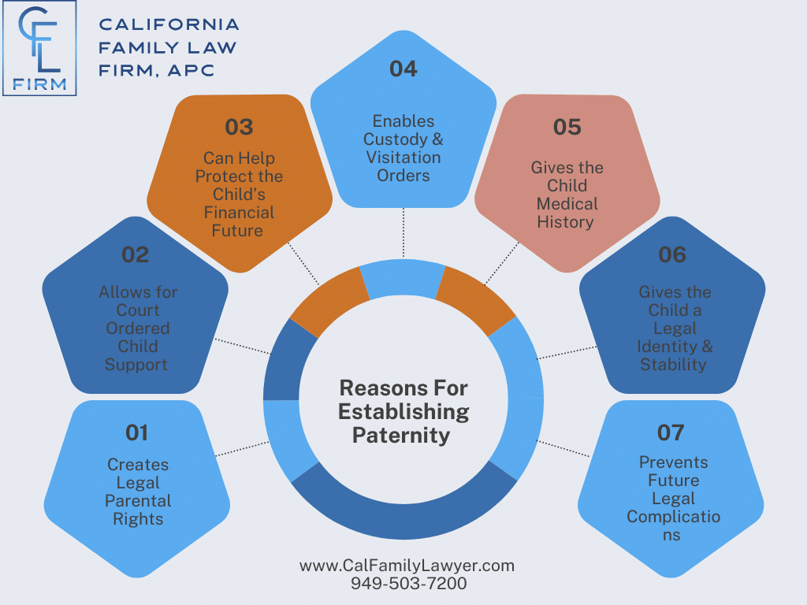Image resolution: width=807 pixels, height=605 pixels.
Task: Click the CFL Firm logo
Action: point(45,49)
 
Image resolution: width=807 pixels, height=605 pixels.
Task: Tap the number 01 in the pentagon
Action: point(136,432)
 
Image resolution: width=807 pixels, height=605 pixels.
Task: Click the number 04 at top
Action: point(403,69)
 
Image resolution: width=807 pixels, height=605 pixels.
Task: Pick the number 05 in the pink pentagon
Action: point(567,127)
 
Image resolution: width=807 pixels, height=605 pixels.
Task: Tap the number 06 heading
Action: point(672,254)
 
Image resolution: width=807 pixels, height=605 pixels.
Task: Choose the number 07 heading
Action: point(671,432)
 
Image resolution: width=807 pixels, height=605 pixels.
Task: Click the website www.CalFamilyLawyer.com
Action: point(407,566)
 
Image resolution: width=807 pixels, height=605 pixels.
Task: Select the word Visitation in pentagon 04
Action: point(403,158)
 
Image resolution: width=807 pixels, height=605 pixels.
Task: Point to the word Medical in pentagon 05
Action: point(567,204)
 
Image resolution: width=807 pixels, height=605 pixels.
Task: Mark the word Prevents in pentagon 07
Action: point(673,462)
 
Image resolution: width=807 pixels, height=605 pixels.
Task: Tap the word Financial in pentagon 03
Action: point(239,213)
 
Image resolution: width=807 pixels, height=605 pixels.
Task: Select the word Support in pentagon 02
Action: point(136,365)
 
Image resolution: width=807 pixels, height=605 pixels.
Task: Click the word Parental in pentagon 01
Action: point(138,501)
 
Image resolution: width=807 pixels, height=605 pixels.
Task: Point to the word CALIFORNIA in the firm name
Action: point(169,25)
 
